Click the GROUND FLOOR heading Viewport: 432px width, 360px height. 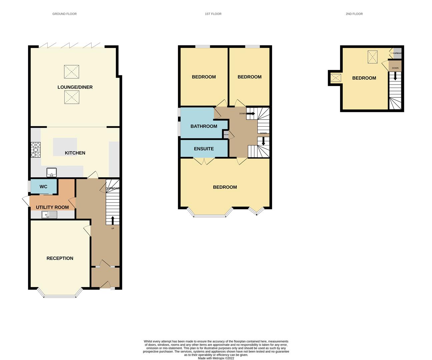point(64,14)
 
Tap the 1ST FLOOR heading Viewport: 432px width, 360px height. point(213,14)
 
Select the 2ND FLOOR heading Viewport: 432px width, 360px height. point(354,14)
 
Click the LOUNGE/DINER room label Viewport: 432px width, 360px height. point(75,87)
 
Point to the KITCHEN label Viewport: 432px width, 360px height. point(75,153)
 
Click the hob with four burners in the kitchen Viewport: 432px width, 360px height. point(36,150)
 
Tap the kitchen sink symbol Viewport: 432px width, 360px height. point(52,172)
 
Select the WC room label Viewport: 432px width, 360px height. point(43,187)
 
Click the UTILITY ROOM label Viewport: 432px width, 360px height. point(52,207)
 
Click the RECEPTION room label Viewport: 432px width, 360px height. point(60,258)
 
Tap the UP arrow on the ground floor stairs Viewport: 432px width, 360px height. point(112,220)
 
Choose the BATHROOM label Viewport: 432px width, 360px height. point(204,126)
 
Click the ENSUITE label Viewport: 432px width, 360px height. point(204,149)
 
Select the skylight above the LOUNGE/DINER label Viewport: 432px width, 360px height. point(72,72)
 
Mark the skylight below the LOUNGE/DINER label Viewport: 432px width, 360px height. point(72,98)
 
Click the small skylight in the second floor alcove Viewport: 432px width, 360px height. point(336,78)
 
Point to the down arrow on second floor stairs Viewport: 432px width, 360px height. point(395,76)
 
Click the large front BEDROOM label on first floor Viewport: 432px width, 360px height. point(225,187)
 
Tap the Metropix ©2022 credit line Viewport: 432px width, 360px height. point(216,358)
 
